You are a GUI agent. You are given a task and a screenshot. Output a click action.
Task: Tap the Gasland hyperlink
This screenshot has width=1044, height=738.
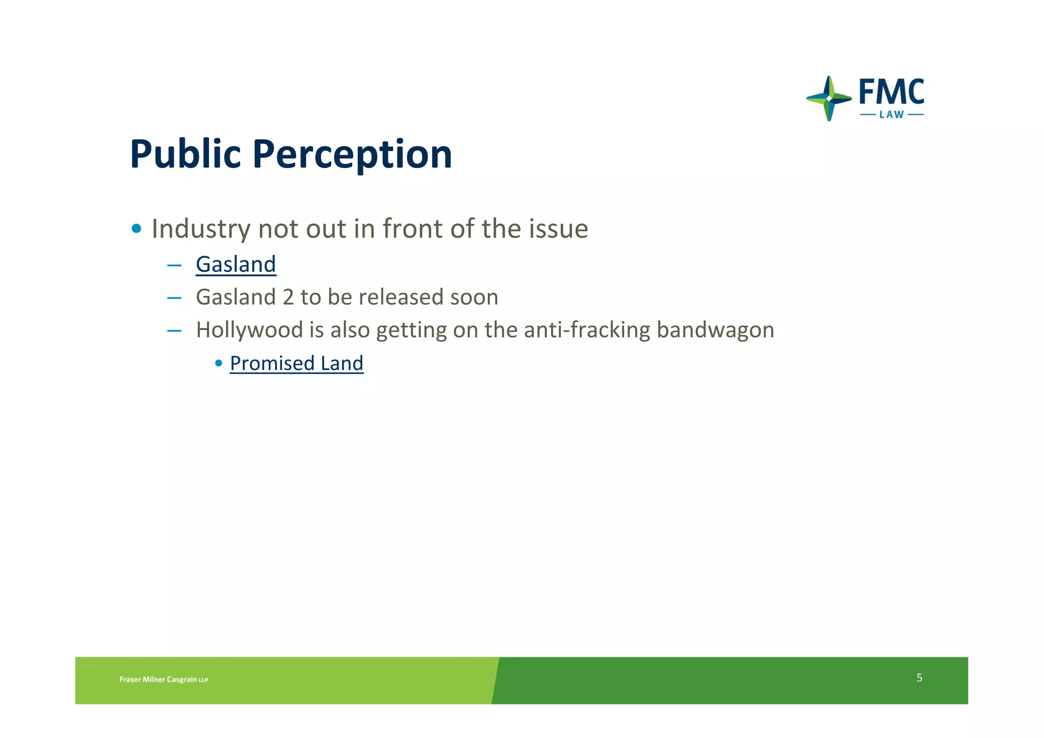tap(236, 265)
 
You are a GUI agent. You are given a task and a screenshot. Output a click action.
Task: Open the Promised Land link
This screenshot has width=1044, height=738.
tap(296, 364)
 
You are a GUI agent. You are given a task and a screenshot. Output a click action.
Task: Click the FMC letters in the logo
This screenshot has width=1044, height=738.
tap(891, 93)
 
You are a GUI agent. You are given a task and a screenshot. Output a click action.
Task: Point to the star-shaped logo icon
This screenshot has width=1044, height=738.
tap(829, 98)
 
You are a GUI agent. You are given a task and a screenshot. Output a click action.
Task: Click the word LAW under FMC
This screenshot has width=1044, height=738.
tap(891, 115)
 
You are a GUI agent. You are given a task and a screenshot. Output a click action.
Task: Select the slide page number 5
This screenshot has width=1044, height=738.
tap(919, 678)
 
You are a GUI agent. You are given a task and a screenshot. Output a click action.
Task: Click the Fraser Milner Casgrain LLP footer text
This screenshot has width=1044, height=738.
tap(164, 679)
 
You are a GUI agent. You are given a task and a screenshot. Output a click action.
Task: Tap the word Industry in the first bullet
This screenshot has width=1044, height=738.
tap(201, 229)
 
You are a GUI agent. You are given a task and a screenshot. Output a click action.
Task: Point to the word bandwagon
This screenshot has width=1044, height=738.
tap(715, 330)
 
